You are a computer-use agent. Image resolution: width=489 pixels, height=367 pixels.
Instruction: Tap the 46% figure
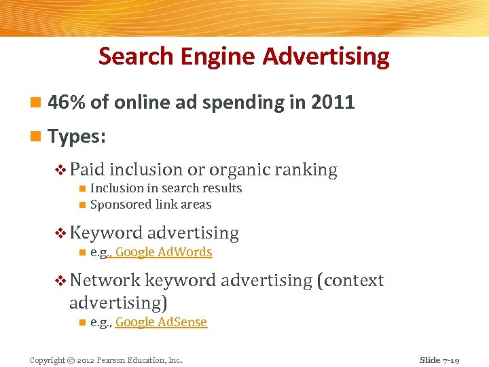67,103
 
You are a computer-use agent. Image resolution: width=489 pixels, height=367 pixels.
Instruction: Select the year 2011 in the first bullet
333,103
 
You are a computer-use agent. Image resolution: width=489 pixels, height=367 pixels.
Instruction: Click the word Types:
77,137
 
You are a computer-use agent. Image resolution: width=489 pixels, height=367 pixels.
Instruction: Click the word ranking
307,170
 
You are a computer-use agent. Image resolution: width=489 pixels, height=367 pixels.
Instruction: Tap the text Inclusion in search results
166,188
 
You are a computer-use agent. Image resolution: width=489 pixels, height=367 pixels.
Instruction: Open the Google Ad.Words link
164,252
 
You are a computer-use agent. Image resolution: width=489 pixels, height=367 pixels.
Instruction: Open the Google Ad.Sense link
161,322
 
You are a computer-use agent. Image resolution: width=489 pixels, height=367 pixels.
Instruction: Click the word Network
105,280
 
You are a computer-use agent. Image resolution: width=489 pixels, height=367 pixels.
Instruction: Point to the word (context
350,280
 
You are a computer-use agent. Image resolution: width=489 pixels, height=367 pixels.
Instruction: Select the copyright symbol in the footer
71,360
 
